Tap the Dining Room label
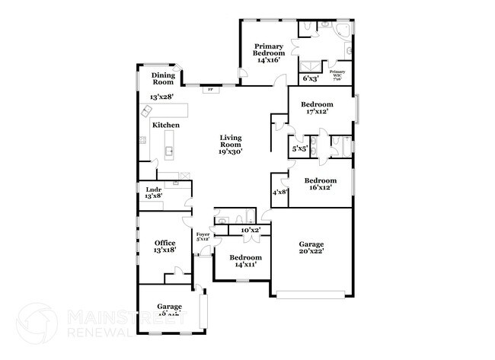[x=163, y=78]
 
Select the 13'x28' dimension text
[x=162, y=97]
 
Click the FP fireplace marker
[x=210, y=89]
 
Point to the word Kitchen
[x=166, y=125]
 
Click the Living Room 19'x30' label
[x=231, y=144]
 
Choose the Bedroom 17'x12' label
[x=317, y=108]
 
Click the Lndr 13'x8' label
[x=153, y=192]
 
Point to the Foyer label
[x=203, y=237]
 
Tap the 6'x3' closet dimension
[x=310, y=78]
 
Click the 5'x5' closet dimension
[x=300, y=148]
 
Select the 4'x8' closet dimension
[x=279, y=192]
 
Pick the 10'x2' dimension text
[x=251, y=229]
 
